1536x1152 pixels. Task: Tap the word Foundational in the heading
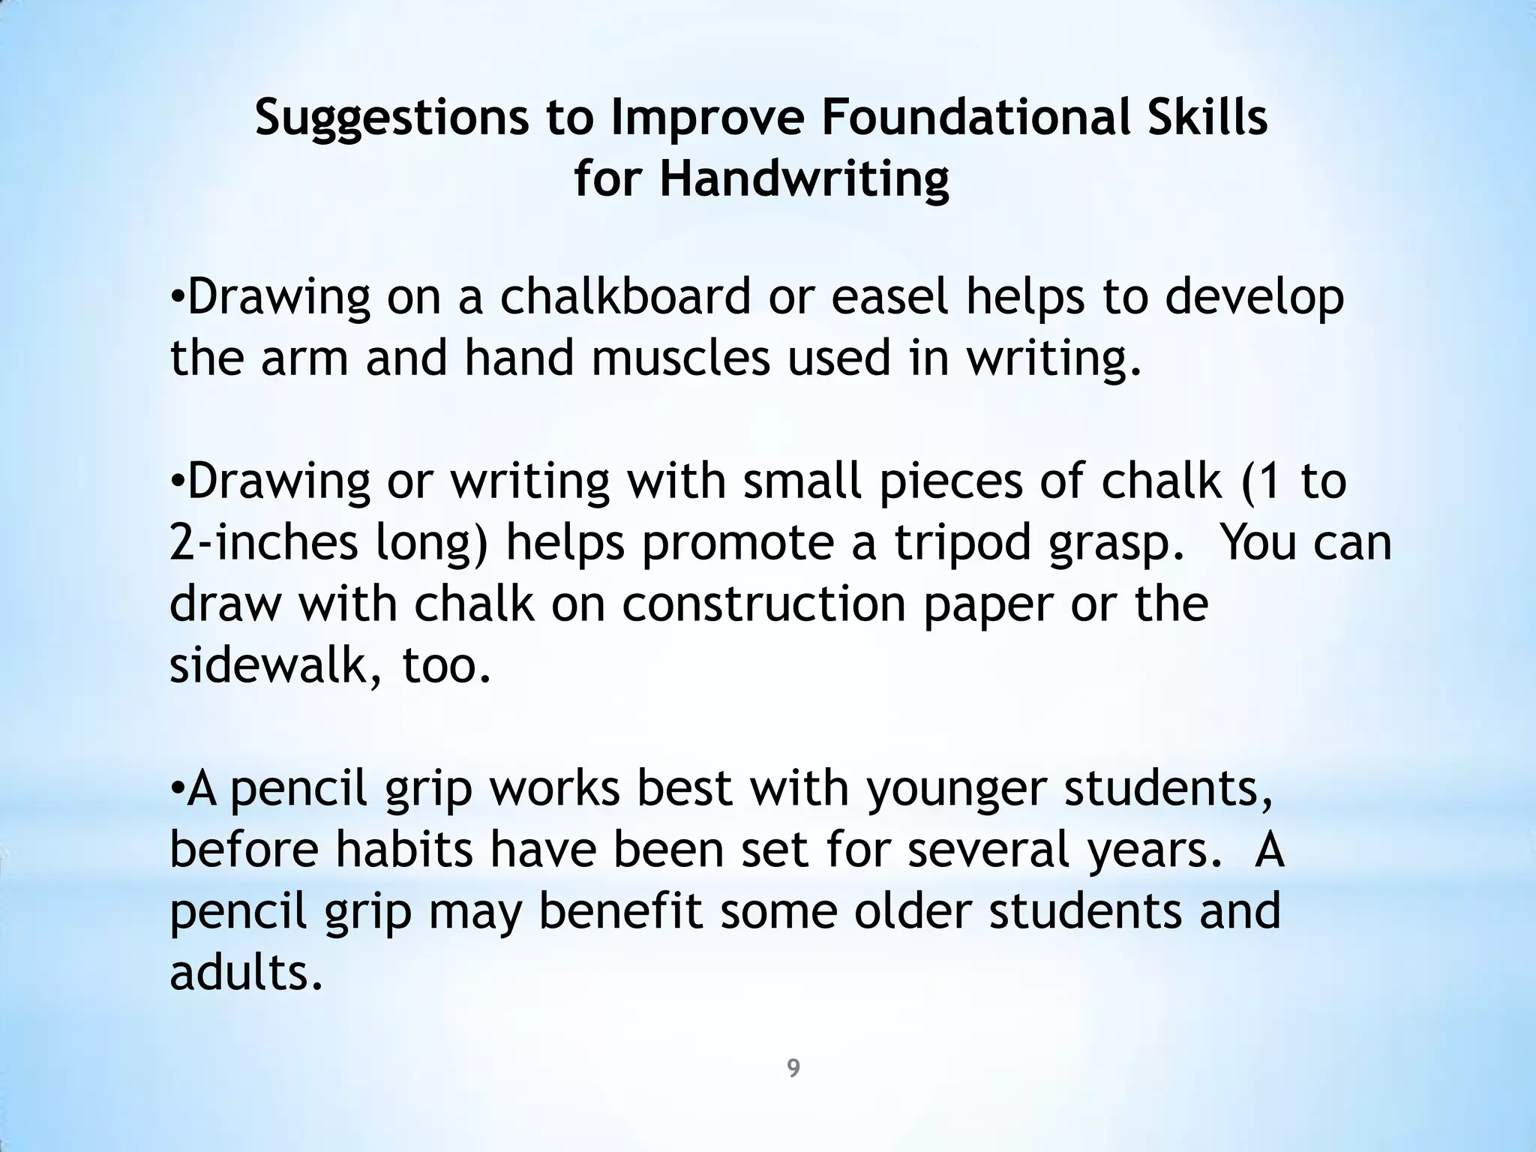[x=968, y=118]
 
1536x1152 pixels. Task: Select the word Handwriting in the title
[x=803, y=181]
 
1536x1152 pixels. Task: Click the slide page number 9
[x=793, y=1068]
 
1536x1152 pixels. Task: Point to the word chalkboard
[x=625, y=296]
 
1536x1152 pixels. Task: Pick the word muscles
[x=681, y=358]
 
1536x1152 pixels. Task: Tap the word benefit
[x=621, y=911]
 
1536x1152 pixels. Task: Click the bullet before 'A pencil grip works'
[x=177, y=788]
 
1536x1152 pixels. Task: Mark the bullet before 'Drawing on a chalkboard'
[x=177, y=298]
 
